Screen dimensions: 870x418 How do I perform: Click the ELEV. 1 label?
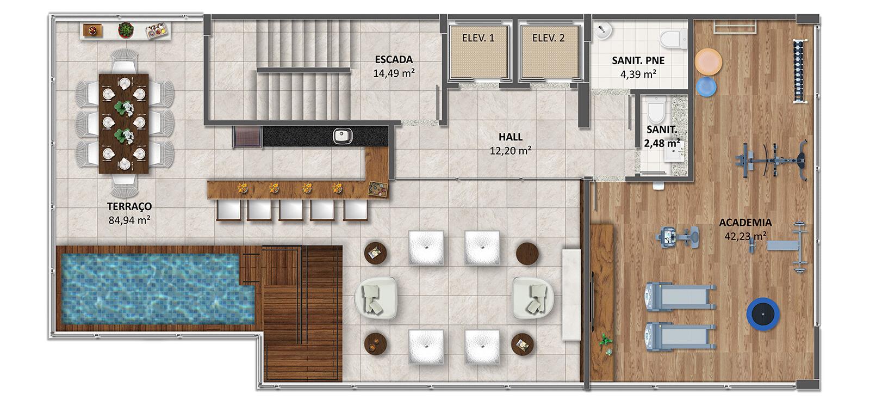pos(478,38)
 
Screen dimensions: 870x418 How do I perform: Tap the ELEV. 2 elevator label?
pos(549,38)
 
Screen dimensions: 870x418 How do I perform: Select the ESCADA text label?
pos(394,59)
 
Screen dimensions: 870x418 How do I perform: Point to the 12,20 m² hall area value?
pos(511,150)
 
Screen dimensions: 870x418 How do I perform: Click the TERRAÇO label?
pos(129,206)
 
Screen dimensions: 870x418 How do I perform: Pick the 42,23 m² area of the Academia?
pos(745,236)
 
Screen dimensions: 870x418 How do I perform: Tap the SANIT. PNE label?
pos(638,60)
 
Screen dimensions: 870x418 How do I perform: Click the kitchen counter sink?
pos(343,136)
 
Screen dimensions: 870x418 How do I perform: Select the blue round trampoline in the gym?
pos(763,314)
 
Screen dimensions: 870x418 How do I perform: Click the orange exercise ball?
pos(709,62)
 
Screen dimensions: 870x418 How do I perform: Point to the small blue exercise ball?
pos(706,87)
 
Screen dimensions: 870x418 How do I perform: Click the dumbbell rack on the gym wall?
pos(799,71)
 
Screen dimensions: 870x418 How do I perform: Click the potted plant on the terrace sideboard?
pos(126,30)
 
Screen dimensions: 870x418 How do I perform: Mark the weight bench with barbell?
pos(786,247)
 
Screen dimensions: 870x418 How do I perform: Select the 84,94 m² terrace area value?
pos(129,220)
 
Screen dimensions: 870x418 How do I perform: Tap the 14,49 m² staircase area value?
pos(394,73)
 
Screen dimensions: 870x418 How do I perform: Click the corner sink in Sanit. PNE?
pos(601,30)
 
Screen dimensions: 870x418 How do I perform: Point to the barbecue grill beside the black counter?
pos(248,137)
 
